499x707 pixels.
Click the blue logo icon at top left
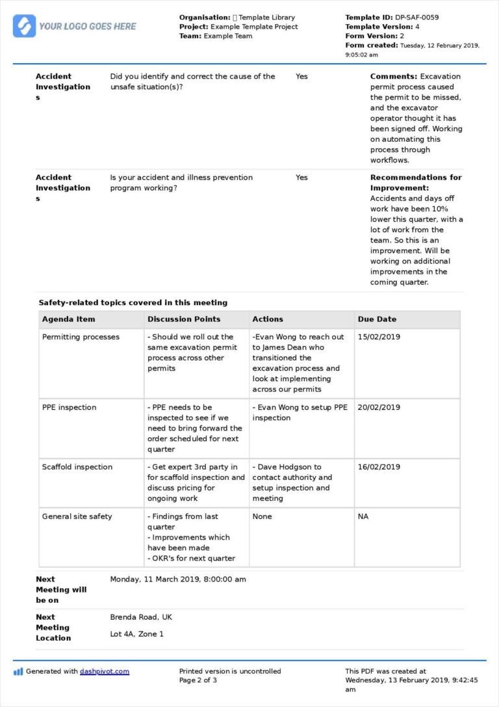(x=24, y=26)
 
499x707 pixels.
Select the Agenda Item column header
(x=68, y=319)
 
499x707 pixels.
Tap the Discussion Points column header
(x=184, y=319)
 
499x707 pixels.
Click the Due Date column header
(x=377, y=319)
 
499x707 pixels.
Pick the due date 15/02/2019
(x=379, y=337)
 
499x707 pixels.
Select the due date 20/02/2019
(x=379, y=408)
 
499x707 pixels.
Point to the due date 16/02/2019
(x=379, y=467)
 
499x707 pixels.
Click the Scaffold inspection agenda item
(x=77, y=467)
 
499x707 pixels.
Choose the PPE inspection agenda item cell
(x=69, y=408)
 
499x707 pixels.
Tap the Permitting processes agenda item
(x=81, y=337)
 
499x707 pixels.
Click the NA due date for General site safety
(x=363, y=516)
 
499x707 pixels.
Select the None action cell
(x=262, y=516)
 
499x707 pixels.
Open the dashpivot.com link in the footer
(x=104, y=671)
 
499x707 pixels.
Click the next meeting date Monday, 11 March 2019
(x=178, y=580)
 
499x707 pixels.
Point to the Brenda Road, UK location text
(x=141, y=617)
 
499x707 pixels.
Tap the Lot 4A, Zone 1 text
(x=136, y=634)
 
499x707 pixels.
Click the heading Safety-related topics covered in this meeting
(x=133, y=302)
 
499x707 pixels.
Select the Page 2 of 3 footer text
(x=198, y=680)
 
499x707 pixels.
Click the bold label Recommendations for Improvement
(x=416, y=183)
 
